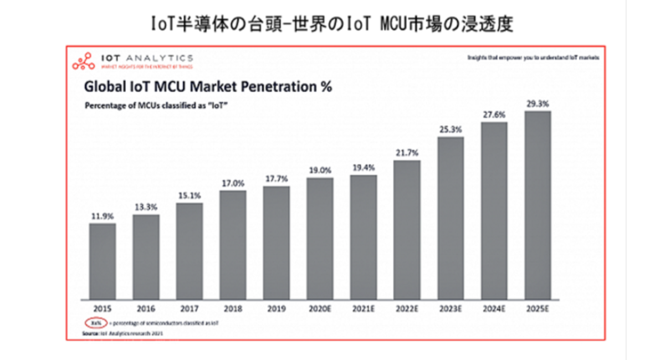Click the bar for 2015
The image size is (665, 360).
point(103,260)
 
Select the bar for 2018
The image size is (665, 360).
point(233,244)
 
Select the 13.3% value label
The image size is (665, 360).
point(146,207)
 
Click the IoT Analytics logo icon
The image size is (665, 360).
point(84,61)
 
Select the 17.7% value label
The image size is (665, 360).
point(277,179)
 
